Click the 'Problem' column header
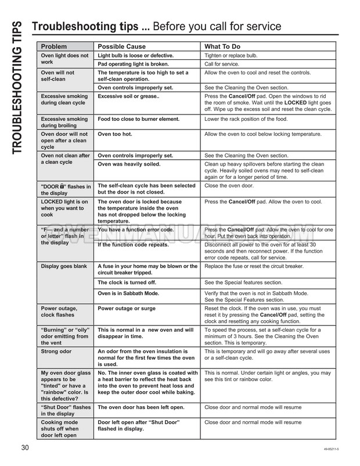pos(53,46)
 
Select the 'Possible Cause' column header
pos(121,46)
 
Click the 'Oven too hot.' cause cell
pos(115,134)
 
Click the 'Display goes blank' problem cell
pos(64,266)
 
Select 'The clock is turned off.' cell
pos(127,282)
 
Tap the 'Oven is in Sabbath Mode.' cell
pos(132,293)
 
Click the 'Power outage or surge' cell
pos(127,308)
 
